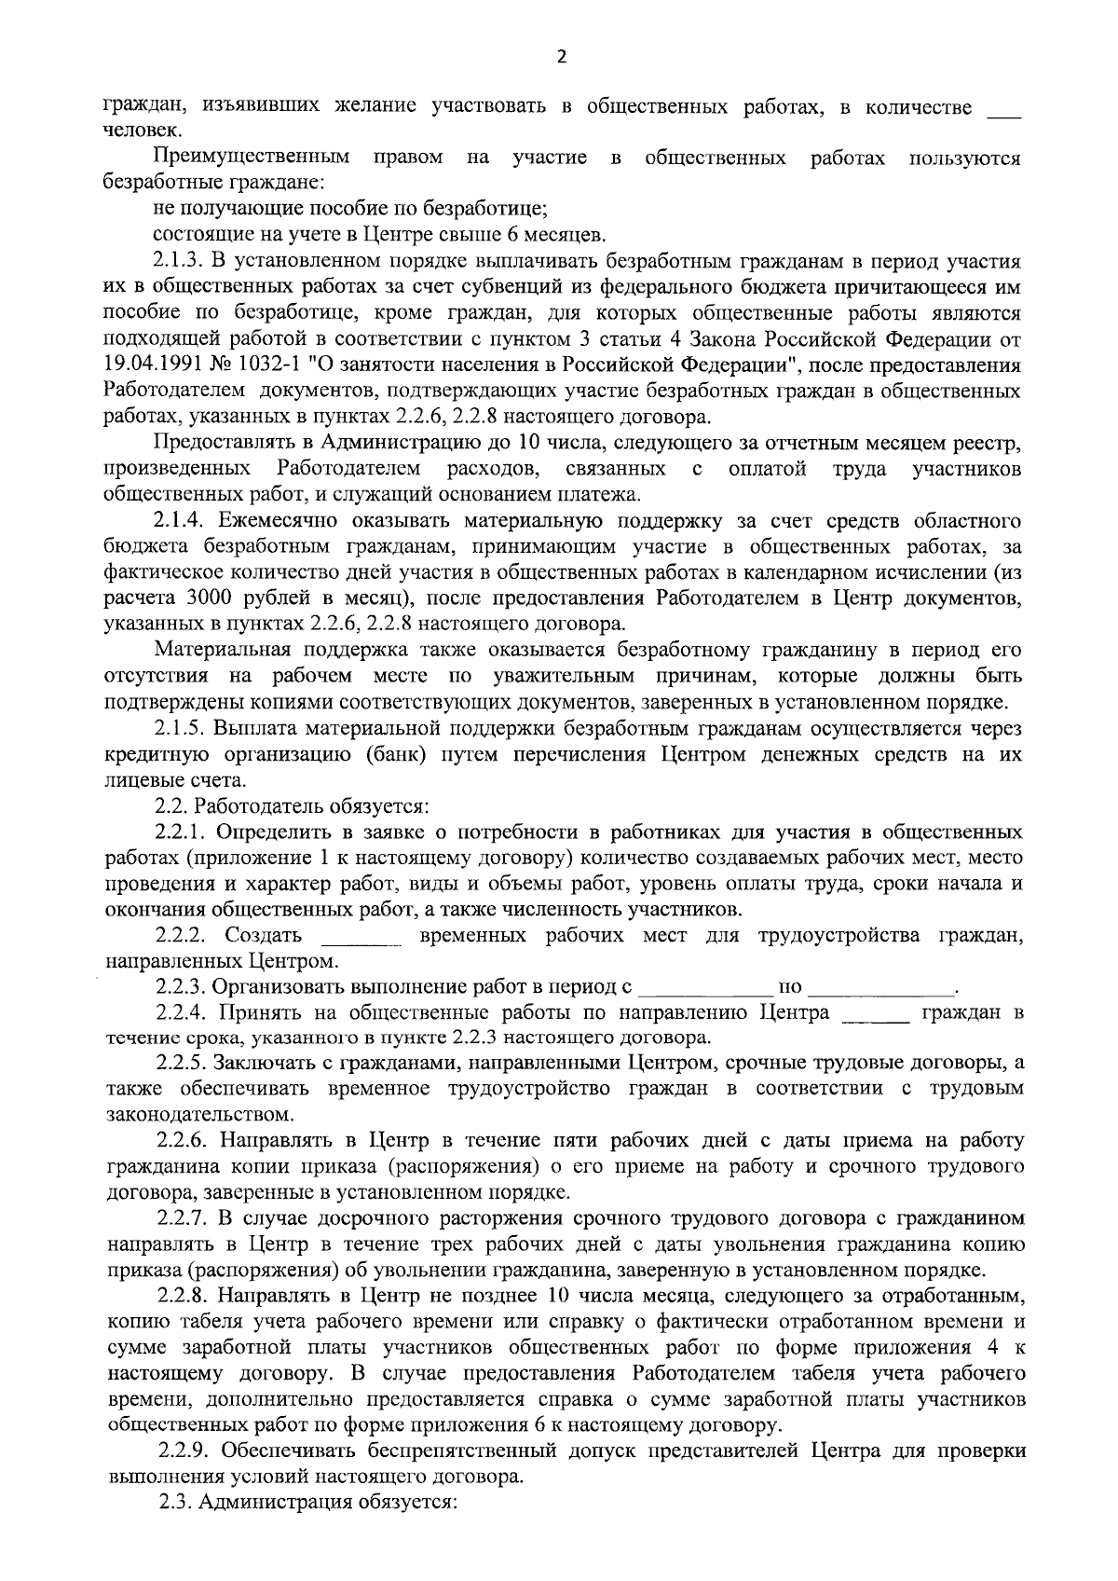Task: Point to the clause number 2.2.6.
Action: pos(183,1141)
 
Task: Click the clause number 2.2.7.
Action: pos(183,1218)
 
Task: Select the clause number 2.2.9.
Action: pos(183,1451)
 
